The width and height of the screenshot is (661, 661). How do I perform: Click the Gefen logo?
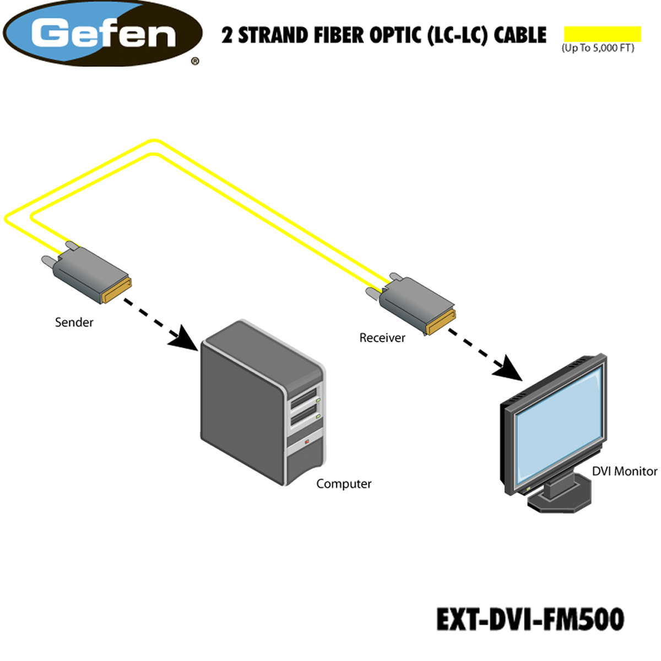point(102,33)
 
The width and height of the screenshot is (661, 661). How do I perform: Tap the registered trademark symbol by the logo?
point(195,61)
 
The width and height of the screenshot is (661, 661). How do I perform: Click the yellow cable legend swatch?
point(603,34)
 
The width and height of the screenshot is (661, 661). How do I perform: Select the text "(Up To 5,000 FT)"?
point(598,48)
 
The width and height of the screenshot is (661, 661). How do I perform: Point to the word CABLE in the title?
point(520,35)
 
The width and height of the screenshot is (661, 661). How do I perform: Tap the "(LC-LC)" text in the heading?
point(457,35)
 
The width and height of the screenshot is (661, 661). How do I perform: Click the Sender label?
point(74,322)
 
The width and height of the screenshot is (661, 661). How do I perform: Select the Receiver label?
point(382,338)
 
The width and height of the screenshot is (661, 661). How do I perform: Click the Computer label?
point(344,484)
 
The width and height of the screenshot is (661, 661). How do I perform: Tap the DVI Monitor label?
point(625,472)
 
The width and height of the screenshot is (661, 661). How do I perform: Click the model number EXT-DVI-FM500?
point(530,619)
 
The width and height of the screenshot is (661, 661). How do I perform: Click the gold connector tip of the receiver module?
point(441,322)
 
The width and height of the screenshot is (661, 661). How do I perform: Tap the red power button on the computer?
point(307,442)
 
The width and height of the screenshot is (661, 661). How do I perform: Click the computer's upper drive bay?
point(304,399)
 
